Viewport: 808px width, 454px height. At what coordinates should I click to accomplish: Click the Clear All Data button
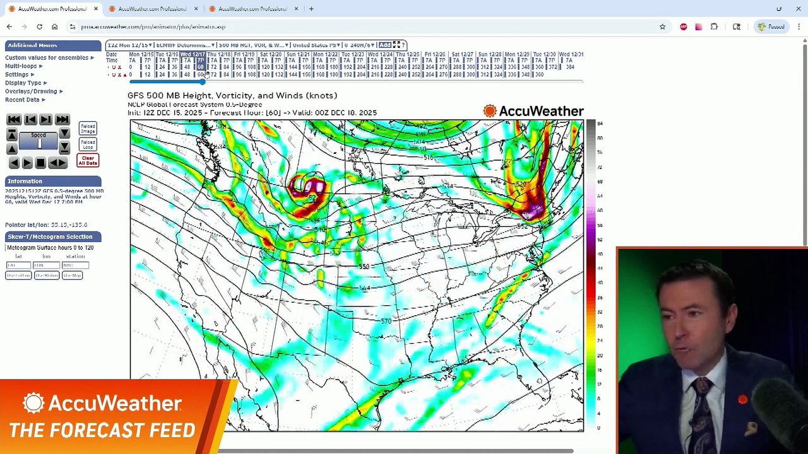point(88,161)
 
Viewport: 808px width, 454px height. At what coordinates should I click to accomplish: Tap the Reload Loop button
point(88,144)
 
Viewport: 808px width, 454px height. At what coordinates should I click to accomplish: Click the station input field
point(75,265)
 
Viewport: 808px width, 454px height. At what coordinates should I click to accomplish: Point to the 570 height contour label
point(386,322)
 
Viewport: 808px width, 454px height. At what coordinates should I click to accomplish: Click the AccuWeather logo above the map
point(533,112)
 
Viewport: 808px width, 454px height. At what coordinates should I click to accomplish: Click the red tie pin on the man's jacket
point(742,399)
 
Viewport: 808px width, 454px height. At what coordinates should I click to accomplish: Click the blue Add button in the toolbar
point(384,45)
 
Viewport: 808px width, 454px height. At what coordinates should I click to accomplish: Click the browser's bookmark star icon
point(662,27)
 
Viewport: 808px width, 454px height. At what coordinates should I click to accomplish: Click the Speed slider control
point(39,144)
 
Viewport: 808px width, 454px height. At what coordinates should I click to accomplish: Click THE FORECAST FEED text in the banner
point(102,431)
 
